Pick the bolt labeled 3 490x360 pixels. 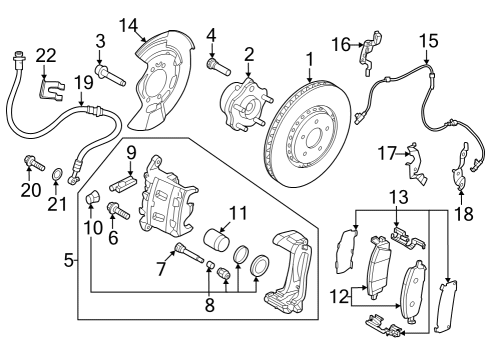pyautogui.click(x=113, y=72)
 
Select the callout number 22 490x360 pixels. pyautogui.click(x=46, y=55)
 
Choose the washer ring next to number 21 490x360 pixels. pyautogui.click(x=59, y=180)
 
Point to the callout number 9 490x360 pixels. pyautogui.click(x=130, y=152)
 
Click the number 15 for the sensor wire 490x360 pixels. pyautogui.click(x=429, y=42)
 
